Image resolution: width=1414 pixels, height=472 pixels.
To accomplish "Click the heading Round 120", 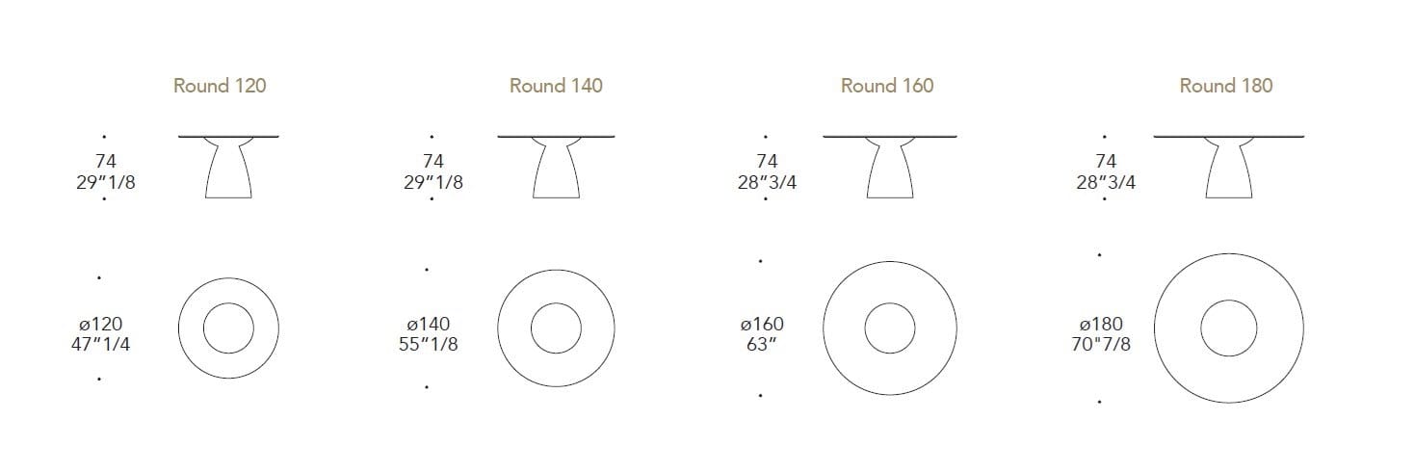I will tap(220, 86).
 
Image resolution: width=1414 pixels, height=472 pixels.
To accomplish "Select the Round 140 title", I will tap(556, 86).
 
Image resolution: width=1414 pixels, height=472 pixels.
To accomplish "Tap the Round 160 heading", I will tap(887, 86).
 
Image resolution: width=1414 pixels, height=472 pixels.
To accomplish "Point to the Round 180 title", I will tap(1225, 86).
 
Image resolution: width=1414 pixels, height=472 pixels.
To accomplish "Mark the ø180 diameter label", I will tap(1102, 325).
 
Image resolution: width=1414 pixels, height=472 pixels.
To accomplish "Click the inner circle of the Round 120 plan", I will tap(228, 328).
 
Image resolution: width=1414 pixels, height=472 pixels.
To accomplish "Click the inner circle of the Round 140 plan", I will tap(556, 328).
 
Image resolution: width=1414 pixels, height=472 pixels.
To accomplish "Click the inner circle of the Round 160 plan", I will tap(889, 328).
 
